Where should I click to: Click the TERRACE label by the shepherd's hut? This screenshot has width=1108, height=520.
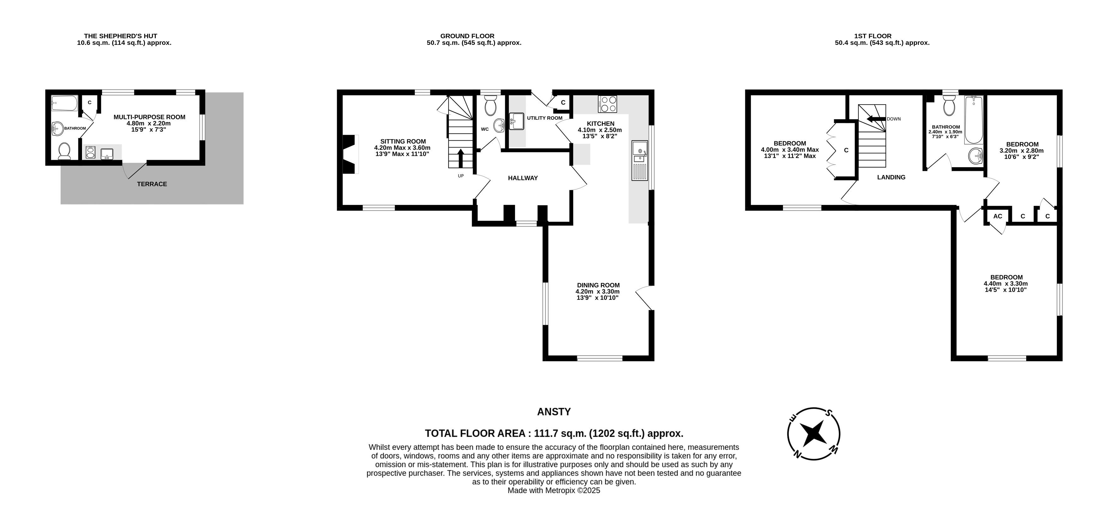tap(152, 184)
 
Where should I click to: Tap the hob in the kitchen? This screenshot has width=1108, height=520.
tap(607, 104)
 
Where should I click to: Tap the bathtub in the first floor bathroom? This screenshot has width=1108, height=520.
tap(973, 120)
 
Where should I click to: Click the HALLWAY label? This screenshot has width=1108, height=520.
tap(523, 178)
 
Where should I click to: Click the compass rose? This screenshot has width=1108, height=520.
tap(813, 433)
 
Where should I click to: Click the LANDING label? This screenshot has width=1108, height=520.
tap(891, 177)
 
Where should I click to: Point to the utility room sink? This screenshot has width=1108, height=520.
tap(516, 121)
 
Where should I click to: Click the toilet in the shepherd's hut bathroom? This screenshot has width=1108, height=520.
tap(64, 151)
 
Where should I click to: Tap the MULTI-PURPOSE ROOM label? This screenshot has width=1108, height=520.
tap(149, 117)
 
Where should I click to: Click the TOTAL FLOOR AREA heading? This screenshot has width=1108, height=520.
tap(554, 433)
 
